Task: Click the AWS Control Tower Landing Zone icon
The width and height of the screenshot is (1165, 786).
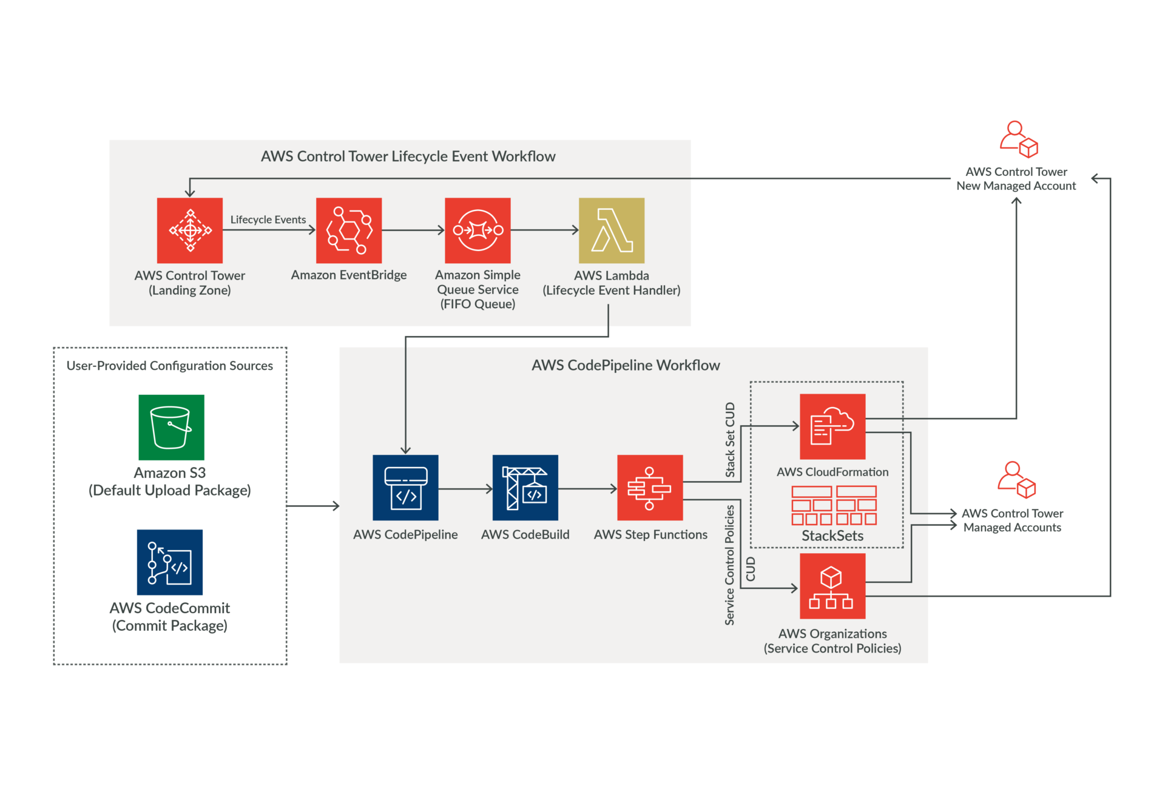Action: point(189,230)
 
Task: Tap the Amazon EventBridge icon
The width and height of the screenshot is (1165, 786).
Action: point(349,230)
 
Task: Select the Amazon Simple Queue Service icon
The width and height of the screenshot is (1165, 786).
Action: point(478,230)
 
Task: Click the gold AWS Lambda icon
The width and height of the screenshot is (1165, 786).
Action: point(611,230)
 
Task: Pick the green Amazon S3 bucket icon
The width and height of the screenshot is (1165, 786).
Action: point(171,427)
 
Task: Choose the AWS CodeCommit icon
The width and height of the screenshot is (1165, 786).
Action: point(170,562)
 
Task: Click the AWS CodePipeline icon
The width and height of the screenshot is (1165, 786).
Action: point(405,488)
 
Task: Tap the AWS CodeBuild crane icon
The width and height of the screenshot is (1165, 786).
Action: point(525,488)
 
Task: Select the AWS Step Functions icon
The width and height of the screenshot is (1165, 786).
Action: point(650,488)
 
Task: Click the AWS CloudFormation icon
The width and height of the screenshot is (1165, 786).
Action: point(832,426)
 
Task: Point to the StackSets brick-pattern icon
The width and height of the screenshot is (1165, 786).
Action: point(834,505)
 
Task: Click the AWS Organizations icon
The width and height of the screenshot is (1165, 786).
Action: point(832,586)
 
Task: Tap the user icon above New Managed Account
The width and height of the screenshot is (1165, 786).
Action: point(1019,139)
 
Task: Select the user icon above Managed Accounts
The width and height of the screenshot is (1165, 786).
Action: point(1016,480)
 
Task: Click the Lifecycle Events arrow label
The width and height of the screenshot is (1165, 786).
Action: point(268,220)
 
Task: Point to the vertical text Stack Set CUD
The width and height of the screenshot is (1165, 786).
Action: point(730,440)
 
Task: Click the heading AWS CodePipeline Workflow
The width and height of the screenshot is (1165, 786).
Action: point(626,365)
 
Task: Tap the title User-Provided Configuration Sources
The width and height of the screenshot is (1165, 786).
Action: point(169,366)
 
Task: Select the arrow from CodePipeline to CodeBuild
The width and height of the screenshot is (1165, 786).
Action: point(465,489)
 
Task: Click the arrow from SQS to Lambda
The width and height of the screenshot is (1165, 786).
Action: point(544,230)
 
